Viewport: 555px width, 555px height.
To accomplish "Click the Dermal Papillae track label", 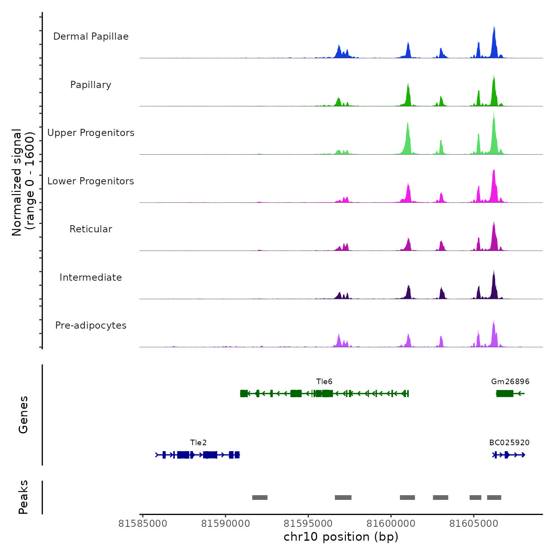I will (x=91, y=36).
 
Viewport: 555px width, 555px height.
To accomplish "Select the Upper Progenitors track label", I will (x=91, y=133).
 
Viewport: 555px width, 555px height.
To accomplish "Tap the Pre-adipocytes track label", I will (x=91, y=325).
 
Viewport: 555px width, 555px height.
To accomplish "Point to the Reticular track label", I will (x=91, y=229).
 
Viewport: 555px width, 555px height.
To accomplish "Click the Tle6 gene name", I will (x=324, y=382).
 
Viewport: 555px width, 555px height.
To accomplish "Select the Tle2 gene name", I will (x=198, y=443).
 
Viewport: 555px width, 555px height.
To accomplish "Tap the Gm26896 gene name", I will (x=510, y=382).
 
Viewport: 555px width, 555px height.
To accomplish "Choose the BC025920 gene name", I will (x=509, y=443).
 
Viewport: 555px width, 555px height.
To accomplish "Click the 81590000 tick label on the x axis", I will (x=226, y=524).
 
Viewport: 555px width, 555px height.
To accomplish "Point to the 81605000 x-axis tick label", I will (x=474, y=524).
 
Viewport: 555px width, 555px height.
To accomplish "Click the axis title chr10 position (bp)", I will (x=341, y=537).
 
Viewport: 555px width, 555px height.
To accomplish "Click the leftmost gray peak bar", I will (x=260, y=498).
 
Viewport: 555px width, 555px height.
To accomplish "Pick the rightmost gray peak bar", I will (x=494, y=498).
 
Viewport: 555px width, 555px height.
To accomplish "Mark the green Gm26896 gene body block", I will (x=505, y=393).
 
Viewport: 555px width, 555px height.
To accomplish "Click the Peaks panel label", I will (x=23, y=497).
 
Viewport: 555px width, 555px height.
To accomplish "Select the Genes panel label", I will (x=23, y=415).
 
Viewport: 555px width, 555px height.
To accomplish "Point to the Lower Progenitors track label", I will (x=91, y=181).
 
